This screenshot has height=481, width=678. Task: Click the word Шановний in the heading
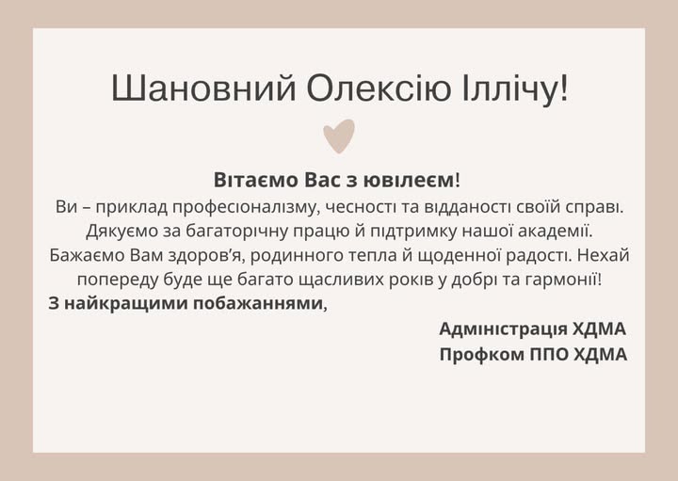203,88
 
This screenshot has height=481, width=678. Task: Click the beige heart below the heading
339,136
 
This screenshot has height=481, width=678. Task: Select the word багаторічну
237,232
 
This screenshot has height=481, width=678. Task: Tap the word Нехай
604,255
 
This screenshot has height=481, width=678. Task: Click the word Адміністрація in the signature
503,329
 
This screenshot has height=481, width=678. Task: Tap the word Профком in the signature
482,354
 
